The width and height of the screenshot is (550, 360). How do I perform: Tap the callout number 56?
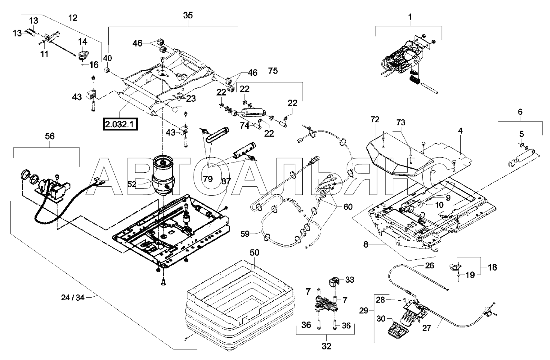point(50,136)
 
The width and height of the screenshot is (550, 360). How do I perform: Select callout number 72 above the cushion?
point(375,120)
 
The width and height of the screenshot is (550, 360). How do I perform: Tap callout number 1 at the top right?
point(410,17)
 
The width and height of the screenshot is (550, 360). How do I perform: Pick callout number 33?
point(349,280)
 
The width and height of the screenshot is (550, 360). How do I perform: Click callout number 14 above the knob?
point(83,41)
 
